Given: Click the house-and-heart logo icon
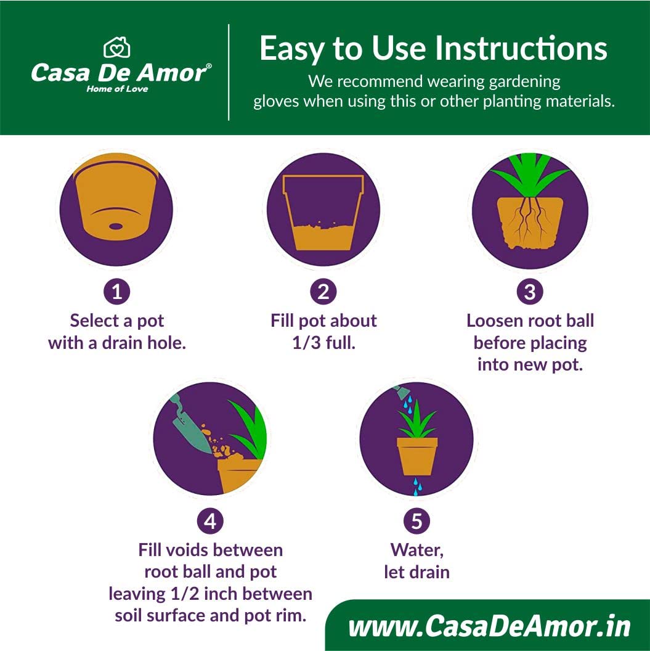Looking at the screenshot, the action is point(116,47).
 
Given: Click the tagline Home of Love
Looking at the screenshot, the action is point(117,89).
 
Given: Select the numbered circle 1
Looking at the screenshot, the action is point(116,292).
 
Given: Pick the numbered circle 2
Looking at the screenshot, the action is point(323,292).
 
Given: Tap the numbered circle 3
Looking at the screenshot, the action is point(530,292).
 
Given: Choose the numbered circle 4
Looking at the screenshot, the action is point(210,521).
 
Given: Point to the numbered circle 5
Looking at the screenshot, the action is point(416,521).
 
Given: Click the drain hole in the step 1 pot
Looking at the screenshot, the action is point(116,226).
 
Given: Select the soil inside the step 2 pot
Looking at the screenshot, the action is point(323,236).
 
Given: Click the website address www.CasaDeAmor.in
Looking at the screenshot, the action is point(489,626).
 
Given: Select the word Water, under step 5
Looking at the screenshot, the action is point(417,551).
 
